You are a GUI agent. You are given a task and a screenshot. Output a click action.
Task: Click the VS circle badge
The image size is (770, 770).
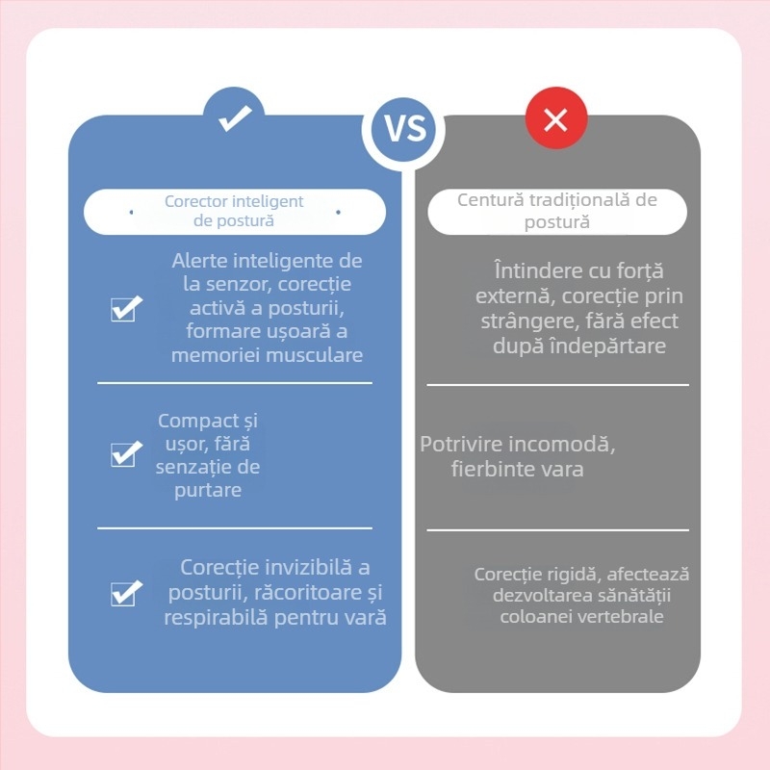[x=404, y=129]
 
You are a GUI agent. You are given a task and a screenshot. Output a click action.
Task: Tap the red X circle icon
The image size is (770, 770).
[x=556, y=118]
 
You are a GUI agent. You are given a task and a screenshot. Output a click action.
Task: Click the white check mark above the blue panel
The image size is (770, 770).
[x=235, y=117]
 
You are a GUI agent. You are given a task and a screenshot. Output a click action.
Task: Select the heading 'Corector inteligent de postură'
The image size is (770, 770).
[x=234, y=211]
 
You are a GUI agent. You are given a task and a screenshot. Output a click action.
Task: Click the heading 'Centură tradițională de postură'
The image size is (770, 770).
[x=557, y=211]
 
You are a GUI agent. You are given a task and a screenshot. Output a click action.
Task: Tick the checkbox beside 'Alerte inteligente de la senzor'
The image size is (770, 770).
[x=126, y=309]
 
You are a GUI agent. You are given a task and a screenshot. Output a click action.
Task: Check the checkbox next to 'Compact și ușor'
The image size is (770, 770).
[x=126, y=453]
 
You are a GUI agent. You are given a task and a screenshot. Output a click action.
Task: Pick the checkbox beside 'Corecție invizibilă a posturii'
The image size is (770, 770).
[x=126, y=593]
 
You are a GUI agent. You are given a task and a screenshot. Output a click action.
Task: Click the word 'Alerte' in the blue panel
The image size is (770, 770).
[x=199, y=261]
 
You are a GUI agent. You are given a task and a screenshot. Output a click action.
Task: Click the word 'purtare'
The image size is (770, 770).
[x=208, y=490]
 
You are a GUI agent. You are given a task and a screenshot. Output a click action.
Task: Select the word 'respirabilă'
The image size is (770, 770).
[x=216, y=618]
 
